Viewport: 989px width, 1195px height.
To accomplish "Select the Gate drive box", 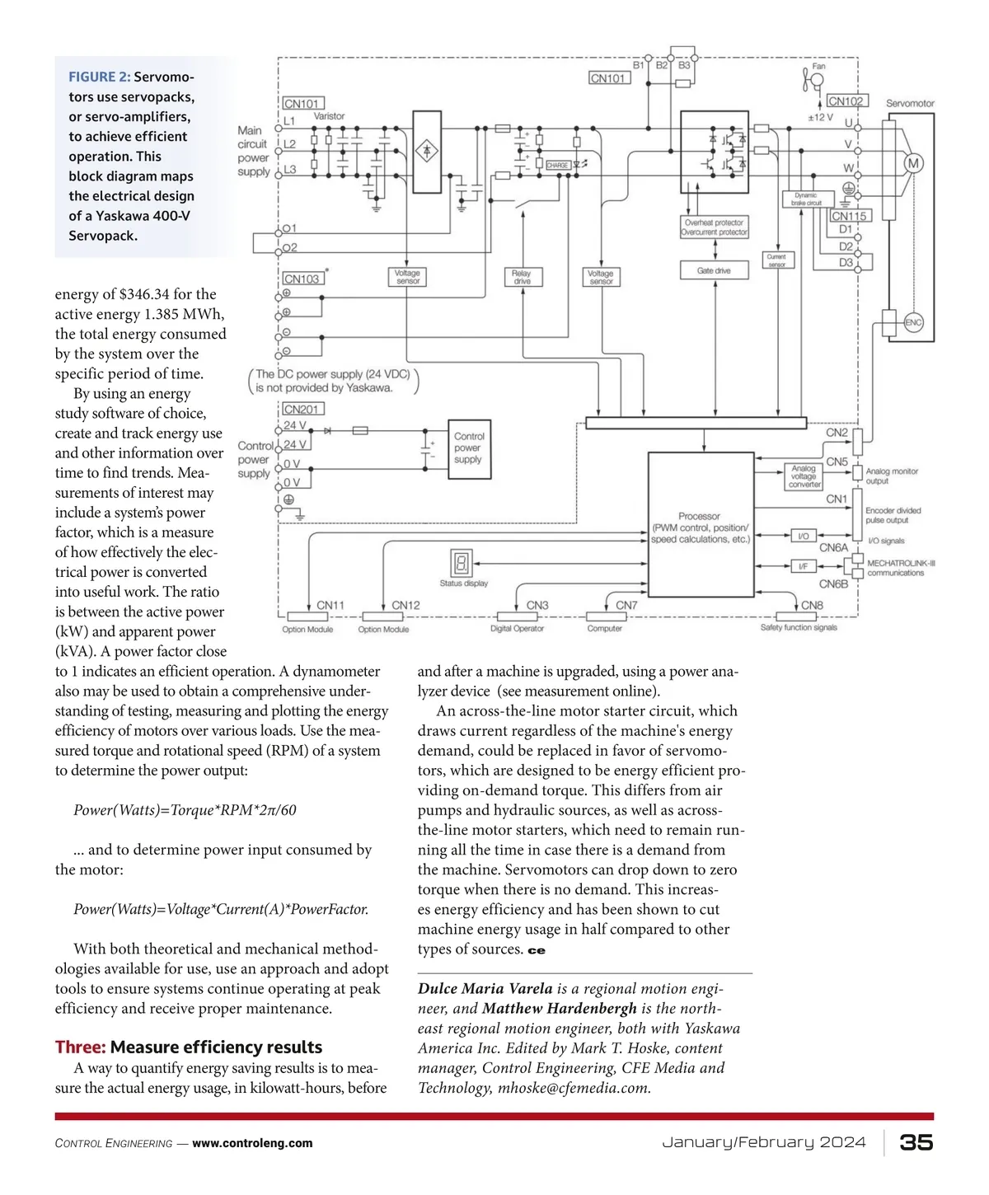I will [x=714, y=270].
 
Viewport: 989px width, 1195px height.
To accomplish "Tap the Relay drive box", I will [x=522, y=277].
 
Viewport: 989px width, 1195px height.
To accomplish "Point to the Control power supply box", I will [x=468, y=448].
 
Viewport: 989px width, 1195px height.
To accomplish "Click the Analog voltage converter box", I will [x=803, y=476].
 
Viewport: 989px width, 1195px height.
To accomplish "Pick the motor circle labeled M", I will [x=913, y=164].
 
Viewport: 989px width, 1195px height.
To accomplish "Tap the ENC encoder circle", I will [x=913, y=323].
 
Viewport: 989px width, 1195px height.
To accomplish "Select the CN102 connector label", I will [x=846, y=101].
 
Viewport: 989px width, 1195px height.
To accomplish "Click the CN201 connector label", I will [x=302, y=409].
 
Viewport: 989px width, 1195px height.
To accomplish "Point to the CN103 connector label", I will [x=302, y=279].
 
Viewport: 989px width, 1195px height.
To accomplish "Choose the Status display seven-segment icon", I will [x=461, y=563].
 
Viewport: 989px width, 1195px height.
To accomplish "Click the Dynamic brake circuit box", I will [x=807, y=199].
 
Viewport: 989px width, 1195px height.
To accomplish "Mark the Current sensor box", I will [x=776, y=260].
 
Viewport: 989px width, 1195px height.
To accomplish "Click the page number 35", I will [x=916, y=1142].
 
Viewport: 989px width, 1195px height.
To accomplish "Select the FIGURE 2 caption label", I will [x=99, y=77].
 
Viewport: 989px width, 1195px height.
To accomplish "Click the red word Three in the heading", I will [x=80, y=1047].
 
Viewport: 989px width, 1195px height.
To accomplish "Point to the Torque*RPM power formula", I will [x=185, y=810].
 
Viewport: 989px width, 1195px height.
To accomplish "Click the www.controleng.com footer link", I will [x=252, y=1143].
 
